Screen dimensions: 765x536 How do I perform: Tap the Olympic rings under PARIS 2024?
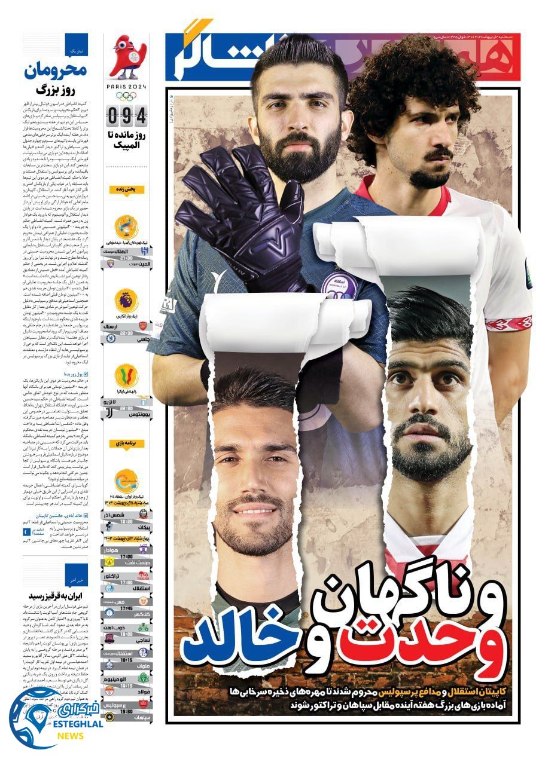126,96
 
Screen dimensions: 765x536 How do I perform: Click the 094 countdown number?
126,114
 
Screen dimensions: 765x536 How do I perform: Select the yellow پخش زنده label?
126,189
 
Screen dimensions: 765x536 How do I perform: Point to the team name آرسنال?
136,327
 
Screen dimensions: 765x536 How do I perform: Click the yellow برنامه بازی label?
126,443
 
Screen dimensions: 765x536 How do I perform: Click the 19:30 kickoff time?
126,712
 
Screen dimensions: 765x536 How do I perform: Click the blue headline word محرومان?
56,71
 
